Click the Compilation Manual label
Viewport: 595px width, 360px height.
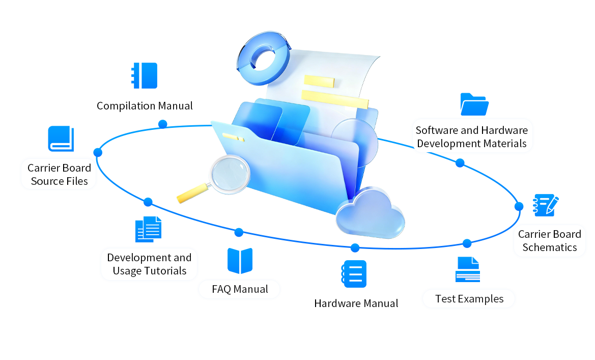[x=145, y=106]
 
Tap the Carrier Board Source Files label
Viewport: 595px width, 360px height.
[x=59, y=175]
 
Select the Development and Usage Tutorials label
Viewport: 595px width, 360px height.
[x=149, y=264]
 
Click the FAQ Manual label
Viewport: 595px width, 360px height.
[x=240, y=289]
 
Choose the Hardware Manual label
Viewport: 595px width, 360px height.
[x=356, y=303]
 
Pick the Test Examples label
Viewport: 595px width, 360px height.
[x=469, y=299]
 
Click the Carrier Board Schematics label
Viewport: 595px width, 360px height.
[x=549, y=241]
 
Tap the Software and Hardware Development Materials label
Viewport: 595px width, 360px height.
[x=471, y=137]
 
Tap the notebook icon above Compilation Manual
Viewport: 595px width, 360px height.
[x=145, y=75]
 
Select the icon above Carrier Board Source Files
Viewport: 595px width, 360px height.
[x=60, y=138]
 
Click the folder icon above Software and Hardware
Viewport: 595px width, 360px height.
[x=474, y=104]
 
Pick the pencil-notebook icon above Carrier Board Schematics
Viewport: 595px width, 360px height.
[x=545, y=205]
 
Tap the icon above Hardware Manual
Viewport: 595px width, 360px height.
[x=354, y=273]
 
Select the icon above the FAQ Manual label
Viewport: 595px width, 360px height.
[x=240, y=261]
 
